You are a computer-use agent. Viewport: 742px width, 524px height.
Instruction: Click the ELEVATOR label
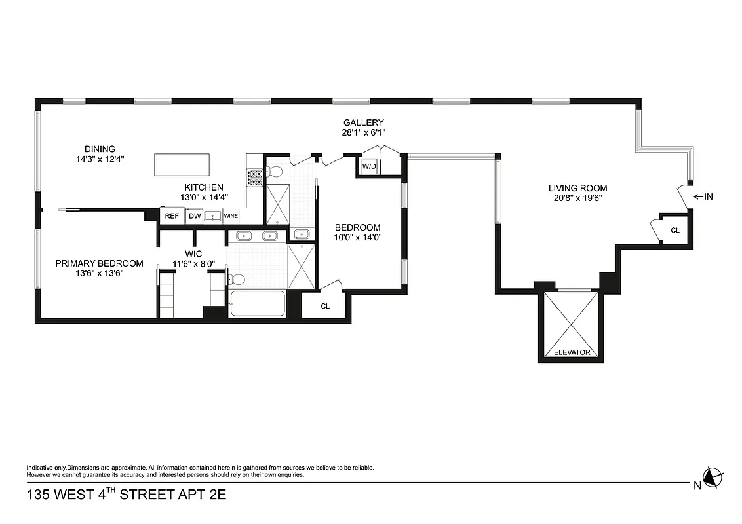572,352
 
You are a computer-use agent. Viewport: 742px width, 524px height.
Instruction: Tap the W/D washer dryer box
369,166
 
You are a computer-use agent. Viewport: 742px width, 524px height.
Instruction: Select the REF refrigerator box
172,216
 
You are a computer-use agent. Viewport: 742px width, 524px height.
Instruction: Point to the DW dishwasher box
194,216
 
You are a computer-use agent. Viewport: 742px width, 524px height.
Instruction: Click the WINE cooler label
231,216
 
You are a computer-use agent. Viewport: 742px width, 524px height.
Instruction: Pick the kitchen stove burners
254,176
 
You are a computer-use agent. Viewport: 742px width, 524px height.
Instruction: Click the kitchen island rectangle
182,164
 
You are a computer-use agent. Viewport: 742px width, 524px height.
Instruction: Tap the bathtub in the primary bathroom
257,303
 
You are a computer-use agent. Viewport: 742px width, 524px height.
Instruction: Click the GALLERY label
363,122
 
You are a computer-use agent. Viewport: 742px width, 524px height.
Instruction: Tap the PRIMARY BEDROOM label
99,263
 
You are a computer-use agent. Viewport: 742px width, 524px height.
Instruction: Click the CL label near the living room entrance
675,230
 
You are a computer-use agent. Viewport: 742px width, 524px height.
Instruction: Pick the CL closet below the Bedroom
325,306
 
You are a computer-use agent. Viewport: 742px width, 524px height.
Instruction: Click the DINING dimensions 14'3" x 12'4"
100,159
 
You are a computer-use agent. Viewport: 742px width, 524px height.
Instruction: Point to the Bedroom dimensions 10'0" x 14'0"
357,238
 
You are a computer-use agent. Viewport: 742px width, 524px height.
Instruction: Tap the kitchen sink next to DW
212,216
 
